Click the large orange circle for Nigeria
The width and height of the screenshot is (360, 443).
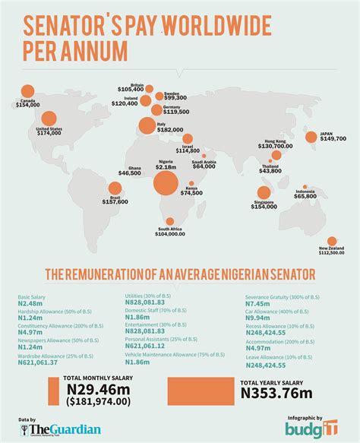(x=166, y=183)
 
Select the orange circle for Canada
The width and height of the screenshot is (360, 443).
(x=28, y=92)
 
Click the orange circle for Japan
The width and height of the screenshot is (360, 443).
(x=311, y=137)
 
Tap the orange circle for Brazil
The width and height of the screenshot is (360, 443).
(x=115, y=188)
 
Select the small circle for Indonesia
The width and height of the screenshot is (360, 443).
(x=305, y=188)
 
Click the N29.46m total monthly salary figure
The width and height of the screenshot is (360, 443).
(x=98, y=391)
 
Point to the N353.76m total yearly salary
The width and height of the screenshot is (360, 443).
(x=276, y=393)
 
